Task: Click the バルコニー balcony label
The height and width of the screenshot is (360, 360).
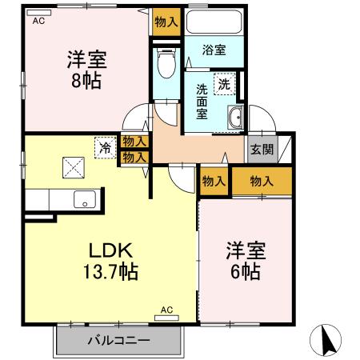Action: pyautogui.click(x=118, y=341)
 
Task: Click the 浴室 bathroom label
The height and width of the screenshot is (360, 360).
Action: pyautogui.click(x=214, y=50)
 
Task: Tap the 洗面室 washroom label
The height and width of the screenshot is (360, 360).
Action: pyautogui.click(x=202, y=101)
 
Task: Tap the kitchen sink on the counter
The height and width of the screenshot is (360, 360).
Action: pyautogui.click(x=84, y=199)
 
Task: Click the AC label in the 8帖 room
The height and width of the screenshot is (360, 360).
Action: pyautogui.click(x=38, y=22)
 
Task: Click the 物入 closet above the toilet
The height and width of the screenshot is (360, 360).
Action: pyautogui.click(x=166, y=23)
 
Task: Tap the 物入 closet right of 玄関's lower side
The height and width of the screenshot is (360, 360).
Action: pyautogui.click(x=262, y=181)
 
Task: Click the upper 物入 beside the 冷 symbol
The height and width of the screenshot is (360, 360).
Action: pyautogui.click(x=134, y=142)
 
